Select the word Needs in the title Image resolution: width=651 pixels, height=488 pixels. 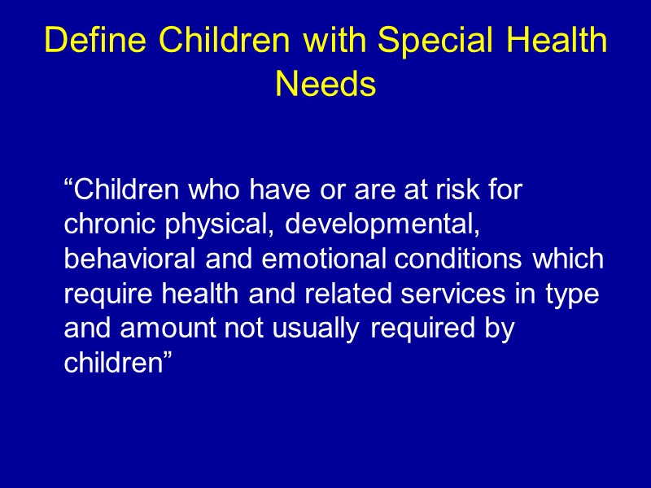325,83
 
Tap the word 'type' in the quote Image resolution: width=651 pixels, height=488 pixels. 575,295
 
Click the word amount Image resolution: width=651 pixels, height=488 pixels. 170,329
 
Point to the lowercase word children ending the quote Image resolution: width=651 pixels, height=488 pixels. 113,364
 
